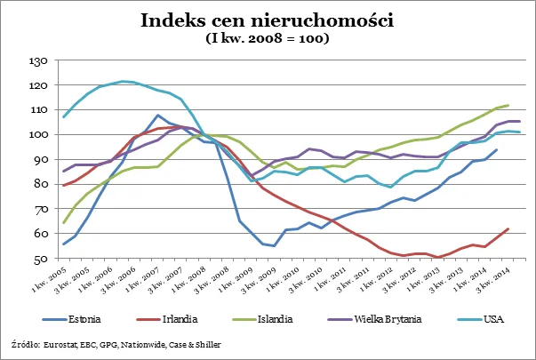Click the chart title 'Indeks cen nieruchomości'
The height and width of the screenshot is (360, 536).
pos(268,20)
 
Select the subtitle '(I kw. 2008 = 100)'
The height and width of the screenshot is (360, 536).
pos(268,38)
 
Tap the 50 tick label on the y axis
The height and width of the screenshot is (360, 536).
pos(40,259)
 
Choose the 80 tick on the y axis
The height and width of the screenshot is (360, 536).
pos(40,185)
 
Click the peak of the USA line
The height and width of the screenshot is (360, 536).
pos(123,82)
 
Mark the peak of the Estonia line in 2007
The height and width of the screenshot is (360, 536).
pos(157,116)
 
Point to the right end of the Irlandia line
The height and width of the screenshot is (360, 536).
pos(508,228)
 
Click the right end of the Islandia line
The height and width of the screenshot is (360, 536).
pos(508,105)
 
